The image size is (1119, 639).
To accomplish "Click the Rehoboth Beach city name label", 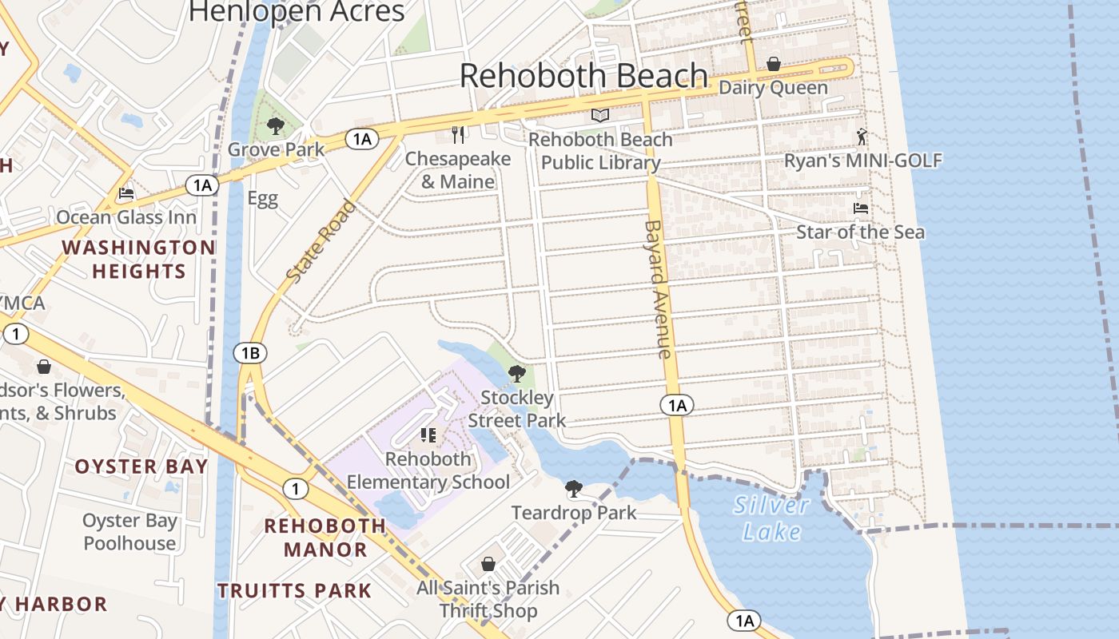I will tap(583, 76).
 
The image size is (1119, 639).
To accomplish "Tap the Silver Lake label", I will tap(771, 518).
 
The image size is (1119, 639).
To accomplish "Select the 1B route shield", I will tap(250, 352).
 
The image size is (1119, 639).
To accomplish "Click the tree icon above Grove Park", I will tap(276, 126).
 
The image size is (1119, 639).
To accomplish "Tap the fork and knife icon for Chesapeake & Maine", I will tap(458, 134).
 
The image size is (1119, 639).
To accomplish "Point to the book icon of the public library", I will tap(600, 116).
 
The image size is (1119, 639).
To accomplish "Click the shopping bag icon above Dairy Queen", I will tap(773, 64).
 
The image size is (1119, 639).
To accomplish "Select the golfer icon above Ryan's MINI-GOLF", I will tap(862, 137).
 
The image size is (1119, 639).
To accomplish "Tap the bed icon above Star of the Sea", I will tap(861, 208).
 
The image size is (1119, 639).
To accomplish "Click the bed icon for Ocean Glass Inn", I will tap(126, 193).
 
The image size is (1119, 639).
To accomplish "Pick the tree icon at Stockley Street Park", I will tap(517, 373).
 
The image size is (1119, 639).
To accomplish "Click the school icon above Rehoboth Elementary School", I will tap(428, 435).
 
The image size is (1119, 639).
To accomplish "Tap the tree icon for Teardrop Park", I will tap(573, 489).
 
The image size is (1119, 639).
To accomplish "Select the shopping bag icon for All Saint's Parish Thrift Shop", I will tap(488, 564).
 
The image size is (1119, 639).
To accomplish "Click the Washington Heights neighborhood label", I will tap(138, 260).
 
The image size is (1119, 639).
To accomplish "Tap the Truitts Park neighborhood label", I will tap(295, 591).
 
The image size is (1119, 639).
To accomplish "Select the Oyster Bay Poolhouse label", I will tap(130, 532).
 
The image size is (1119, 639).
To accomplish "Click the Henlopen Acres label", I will tap(297, 11).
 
